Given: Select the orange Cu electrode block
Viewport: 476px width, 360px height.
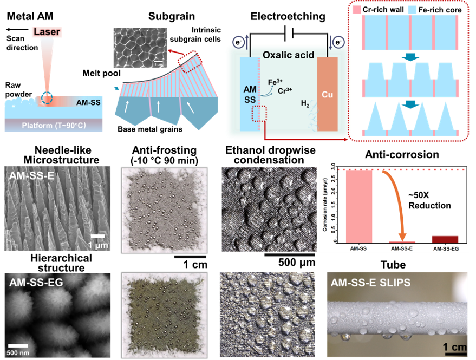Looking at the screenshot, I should point(328,94).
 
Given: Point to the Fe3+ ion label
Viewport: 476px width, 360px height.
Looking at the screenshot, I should point(276,83).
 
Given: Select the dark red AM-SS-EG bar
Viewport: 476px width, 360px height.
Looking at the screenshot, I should point(445,239).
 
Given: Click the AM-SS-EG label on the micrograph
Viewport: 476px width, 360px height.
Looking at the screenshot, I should point(36,282).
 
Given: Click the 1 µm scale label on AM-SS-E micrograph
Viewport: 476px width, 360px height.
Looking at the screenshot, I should point(98,245).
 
